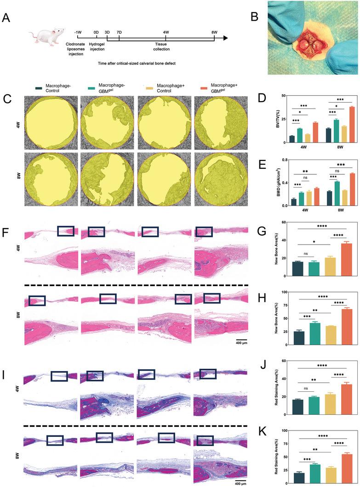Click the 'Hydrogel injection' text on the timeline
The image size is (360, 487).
tap(97, 47)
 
